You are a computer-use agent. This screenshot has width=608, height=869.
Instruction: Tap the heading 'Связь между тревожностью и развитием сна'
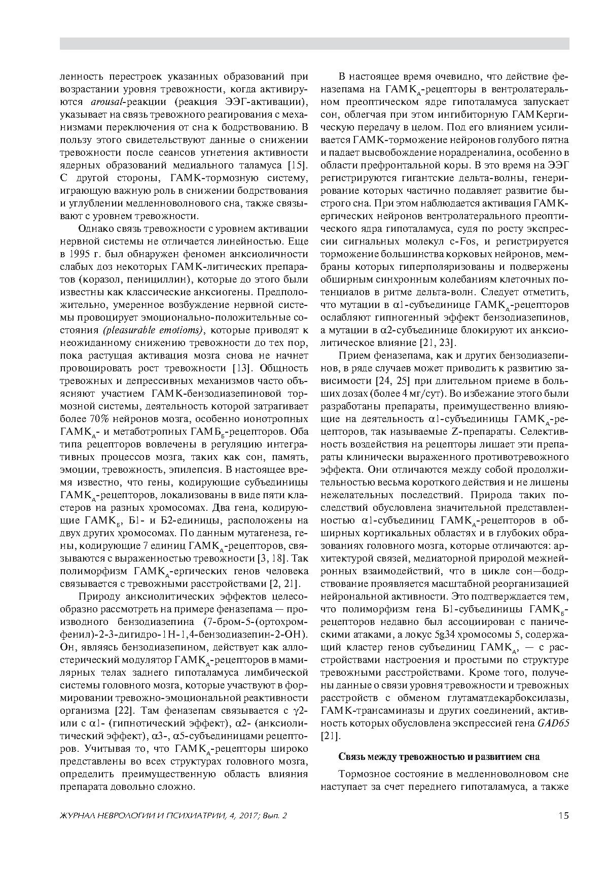[x=439, y=756]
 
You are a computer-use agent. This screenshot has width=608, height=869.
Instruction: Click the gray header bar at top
[x=314, y=44]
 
